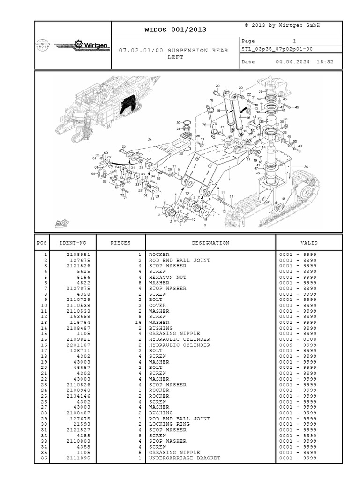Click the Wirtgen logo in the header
(x=82, y=45)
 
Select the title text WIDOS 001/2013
(x=176, y=30)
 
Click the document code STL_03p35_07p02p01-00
(x=277, y=49)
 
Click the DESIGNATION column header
(x=210, y=243)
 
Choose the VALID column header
(x=309, y=243)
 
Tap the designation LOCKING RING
(x=169, y=424)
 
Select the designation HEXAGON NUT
(x=168, y=277)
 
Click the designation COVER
(x=157, y=305)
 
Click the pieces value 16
(x=138, y=322)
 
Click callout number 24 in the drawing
(x=150, y=140)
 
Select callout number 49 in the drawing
(x=300, y=146)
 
